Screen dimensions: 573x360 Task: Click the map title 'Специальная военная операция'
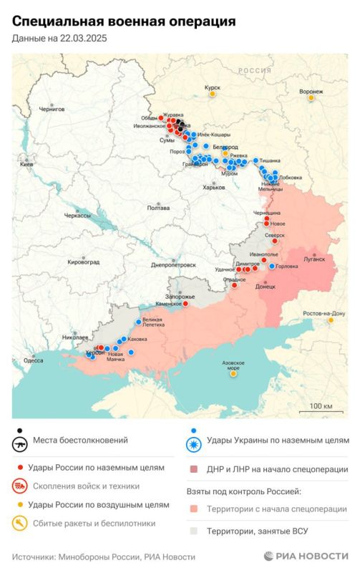point(123,23)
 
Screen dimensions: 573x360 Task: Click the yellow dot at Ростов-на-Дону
point(330,320)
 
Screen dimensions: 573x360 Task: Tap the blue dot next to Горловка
point(272,266)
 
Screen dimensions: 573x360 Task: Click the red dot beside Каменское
point(185,303)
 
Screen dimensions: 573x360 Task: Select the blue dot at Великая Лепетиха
point(139,322)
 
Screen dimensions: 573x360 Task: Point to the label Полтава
point(158,208)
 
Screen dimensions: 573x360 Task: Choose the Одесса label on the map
point(33,360)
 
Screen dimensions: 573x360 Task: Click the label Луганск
point(313,258)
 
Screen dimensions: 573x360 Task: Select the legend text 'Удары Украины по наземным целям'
point(278,440)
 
